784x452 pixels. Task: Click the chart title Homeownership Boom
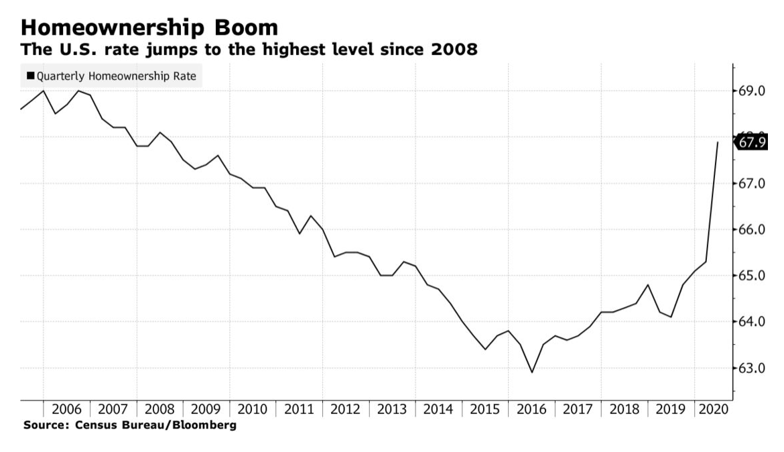pos(149,28)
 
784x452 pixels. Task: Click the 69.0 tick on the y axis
pos(752,91)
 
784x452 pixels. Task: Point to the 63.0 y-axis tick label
pos(752,368)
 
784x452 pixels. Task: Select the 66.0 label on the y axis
pos(752,229)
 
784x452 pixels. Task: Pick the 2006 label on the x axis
pos(66,410)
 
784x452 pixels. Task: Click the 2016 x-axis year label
pos(531,410)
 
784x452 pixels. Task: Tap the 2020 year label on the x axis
pos(713,410)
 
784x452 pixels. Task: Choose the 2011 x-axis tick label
pos(299,410)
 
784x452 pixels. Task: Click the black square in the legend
pos(30,76)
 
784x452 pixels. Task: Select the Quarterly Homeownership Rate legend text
pos(117,76)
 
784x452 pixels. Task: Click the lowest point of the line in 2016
pos(532,372)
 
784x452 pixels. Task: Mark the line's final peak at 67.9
pos(718,142)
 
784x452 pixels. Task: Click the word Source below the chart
pos(42,425)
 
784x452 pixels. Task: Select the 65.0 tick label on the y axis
pos(752,276)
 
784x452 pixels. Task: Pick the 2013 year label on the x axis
pos(392,410)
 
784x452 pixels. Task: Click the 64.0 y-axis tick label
pos(752,322)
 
